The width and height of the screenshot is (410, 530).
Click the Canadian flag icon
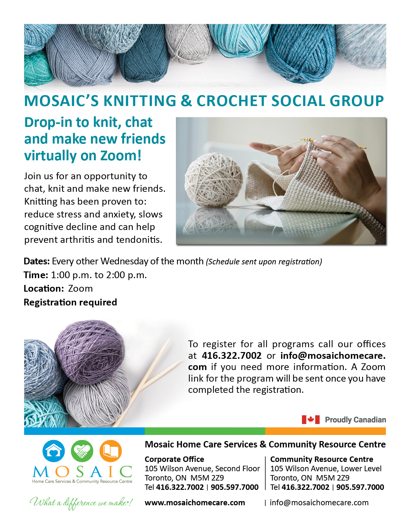310,420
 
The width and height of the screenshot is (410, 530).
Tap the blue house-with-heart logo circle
54,451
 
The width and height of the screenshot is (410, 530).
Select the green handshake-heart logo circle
82,451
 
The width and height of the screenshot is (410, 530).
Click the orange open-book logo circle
111,451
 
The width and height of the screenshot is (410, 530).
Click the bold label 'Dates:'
37,261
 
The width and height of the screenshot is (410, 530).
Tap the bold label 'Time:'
36,275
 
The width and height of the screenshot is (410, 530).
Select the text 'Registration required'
70,302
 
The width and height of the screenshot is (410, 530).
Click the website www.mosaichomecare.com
195,503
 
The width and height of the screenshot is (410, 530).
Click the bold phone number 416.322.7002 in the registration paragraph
232,356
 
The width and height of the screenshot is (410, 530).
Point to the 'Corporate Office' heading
174,459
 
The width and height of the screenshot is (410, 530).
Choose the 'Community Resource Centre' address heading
322,459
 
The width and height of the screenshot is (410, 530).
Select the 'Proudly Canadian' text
355,420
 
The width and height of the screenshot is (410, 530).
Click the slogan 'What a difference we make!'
81,502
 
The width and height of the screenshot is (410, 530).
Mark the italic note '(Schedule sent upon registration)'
264,261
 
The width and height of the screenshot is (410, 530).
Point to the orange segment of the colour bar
325,431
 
